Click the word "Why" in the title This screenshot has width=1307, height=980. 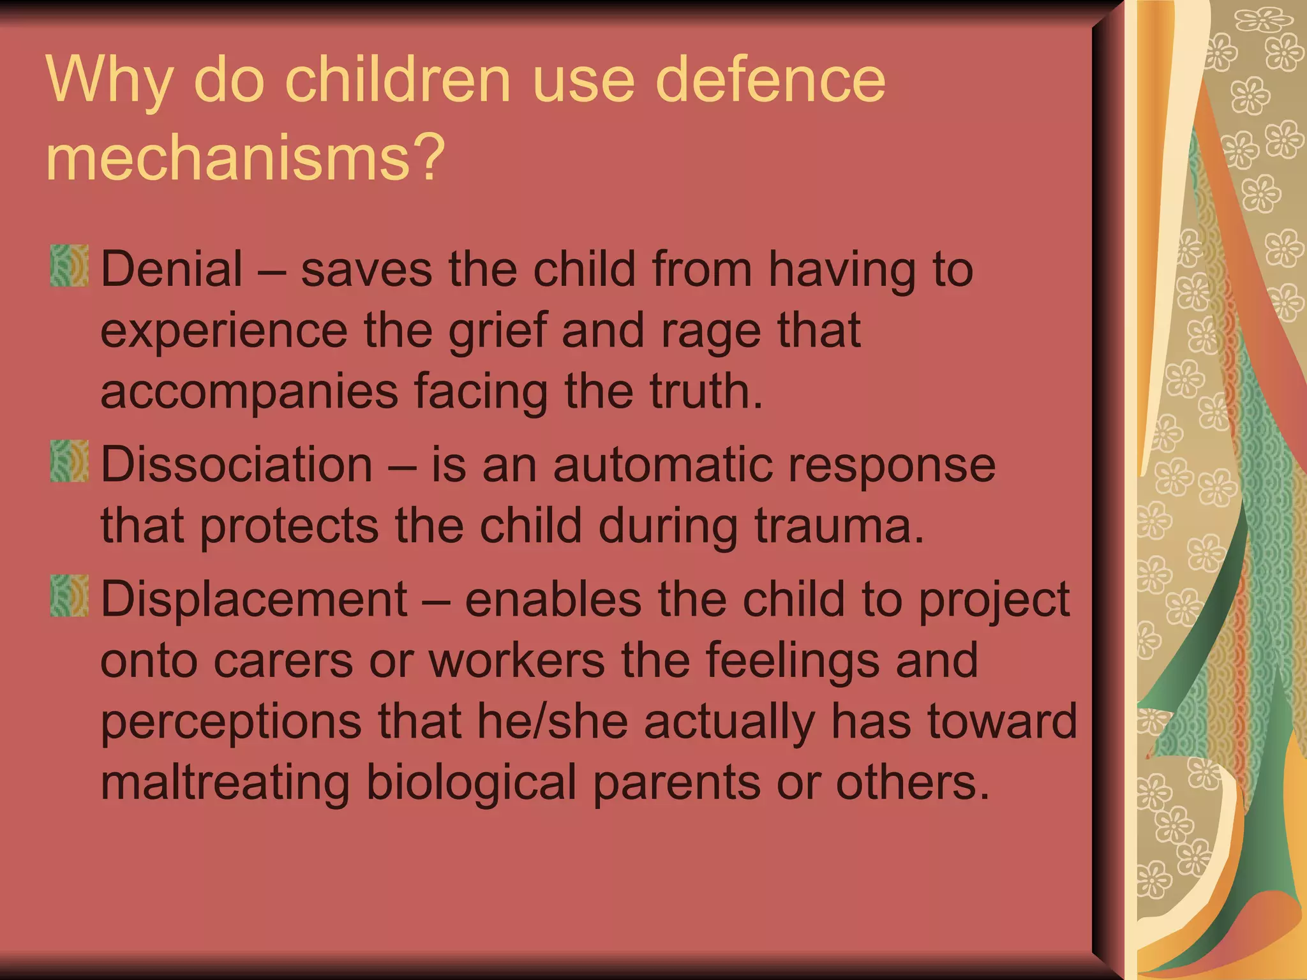coord(109,81)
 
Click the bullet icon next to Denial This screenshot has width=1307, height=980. coord(69,266)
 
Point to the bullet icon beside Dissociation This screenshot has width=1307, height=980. coord(69,461)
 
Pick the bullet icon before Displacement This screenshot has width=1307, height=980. coord(69,596)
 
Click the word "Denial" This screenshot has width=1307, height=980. coord(172,269)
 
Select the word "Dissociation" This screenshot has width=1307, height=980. coord(237,464)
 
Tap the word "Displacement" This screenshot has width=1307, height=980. coord(254,599)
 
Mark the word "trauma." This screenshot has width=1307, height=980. coord(840,526)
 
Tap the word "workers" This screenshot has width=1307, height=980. coord(516,660)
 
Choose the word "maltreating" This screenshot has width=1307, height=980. coord(225,783)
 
